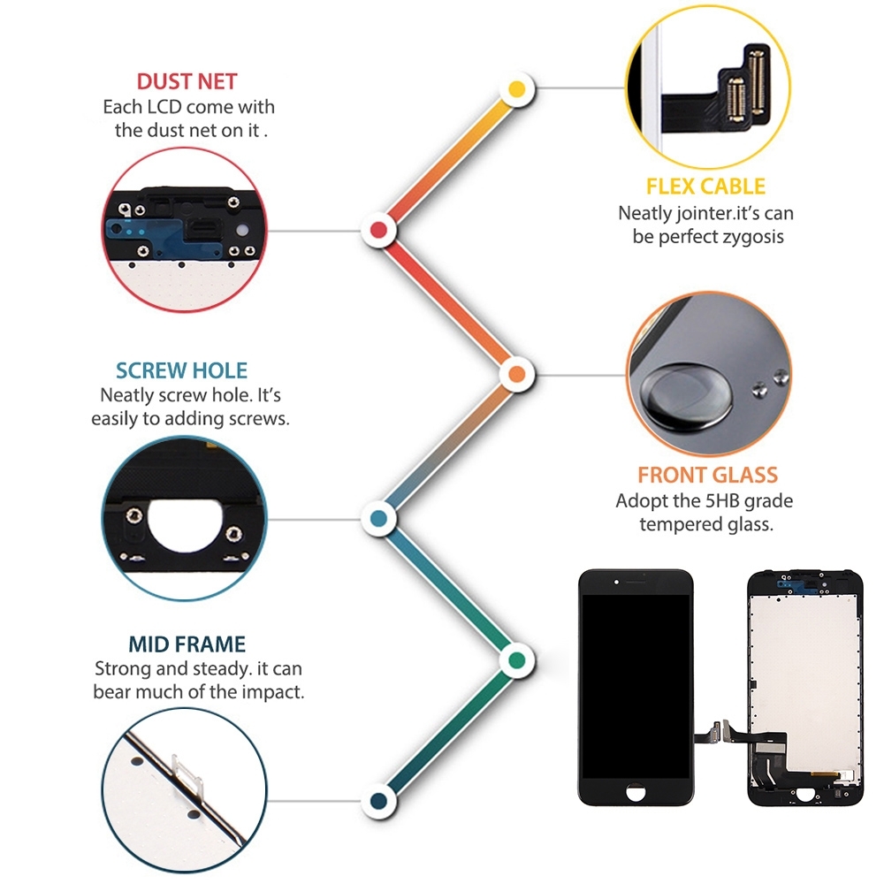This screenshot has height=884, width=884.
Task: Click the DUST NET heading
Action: [x=187, y=81]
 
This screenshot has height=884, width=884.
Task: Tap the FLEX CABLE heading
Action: [x=705, y=187]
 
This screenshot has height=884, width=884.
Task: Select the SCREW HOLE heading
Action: [x=181, y=370]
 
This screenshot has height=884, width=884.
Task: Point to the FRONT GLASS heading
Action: [x=707, y=476]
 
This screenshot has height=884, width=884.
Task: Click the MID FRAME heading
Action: [x=187, y=644]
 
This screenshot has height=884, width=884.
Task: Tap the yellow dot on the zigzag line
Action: [x=517, y=89]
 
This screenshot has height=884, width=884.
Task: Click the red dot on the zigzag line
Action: [x=379, y=230]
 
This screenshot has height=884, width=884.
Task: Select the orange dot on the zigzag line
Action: [x=517, y=374]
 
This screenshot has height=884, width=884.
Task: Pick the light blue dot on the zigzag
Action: [x=379, y=518]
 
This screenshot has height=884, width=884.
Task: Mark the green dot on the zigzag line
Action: [x=517, y=660]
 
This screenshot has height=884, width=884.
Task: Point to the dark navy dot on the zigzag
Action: [x=379, y=801]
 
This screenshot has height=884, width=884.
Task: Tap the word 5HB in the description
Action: [x=722, y=500]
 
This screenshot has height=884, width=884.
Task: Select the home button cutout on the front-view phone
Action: [x=636, y=792]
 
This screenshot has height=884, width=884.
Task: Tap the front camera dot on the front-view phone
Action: [x=617, y=582]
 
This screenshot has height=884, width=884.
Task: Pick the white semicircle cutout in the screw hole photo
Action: [x=187, y=525]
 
